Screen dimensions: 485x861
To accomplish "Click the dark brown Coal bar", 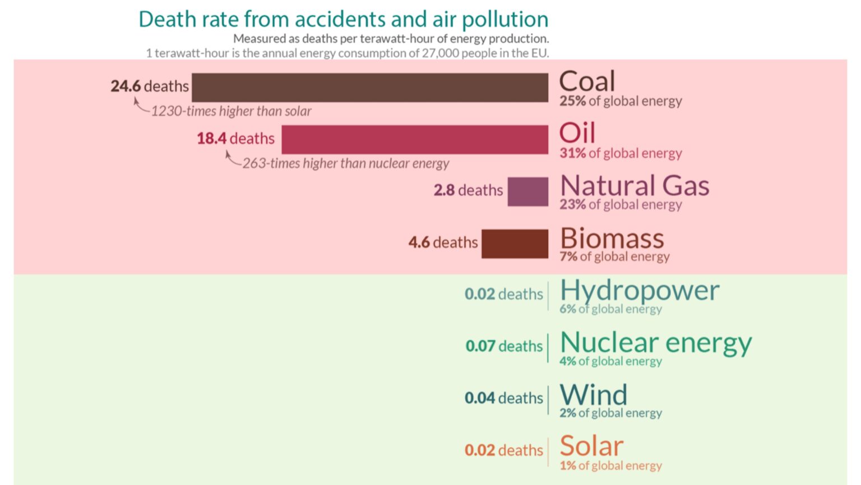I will click(370, 88).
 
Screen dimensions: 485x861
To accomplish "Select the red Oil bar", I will click(415, 139).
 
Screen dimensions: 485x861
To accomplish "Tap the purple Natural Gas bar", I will click(527, 191).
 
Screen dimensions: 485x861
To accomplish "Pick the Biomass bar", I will click(515, 244).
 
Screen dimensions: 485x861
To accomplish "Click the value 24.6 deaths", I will click(150, 86).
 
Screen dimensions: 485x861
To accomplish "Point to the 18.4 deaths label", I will click(235, 139).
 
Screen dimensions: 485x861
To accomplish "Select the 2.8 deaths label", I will click(468, 190).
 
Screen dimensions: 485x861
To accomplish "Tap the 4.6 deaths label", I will click(443, 242).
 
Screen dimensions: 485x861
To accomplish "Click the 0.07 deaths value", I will click(504, 346).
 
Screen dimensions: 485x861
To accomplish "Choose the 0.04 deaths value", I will click(503, 398).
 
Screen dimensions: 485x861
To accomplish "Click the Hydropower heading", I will click(639, 291).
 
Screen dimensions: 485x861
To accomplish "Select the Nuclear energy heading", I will click(655, 343).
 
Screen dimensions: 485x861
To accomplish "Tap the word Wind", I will click(593, 395).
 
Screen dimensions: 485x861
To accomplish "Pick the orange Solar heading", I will click(591, 446).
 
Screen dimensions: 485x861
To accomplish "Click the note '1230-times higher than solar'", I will click(231, 111).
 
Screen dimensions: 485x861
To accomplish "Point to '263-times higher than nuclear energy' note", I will click(345, 163).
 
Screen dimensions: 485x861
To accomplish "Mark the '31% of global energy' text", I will click(621, 153).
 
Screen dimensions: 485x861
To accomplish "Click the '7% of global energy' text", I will click(614, 257).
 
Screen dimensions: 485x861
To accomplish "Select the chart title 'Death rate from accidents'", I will click(343, 20).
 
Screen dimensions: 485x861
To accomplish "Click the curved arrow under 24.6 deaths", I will click(140, 106).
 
